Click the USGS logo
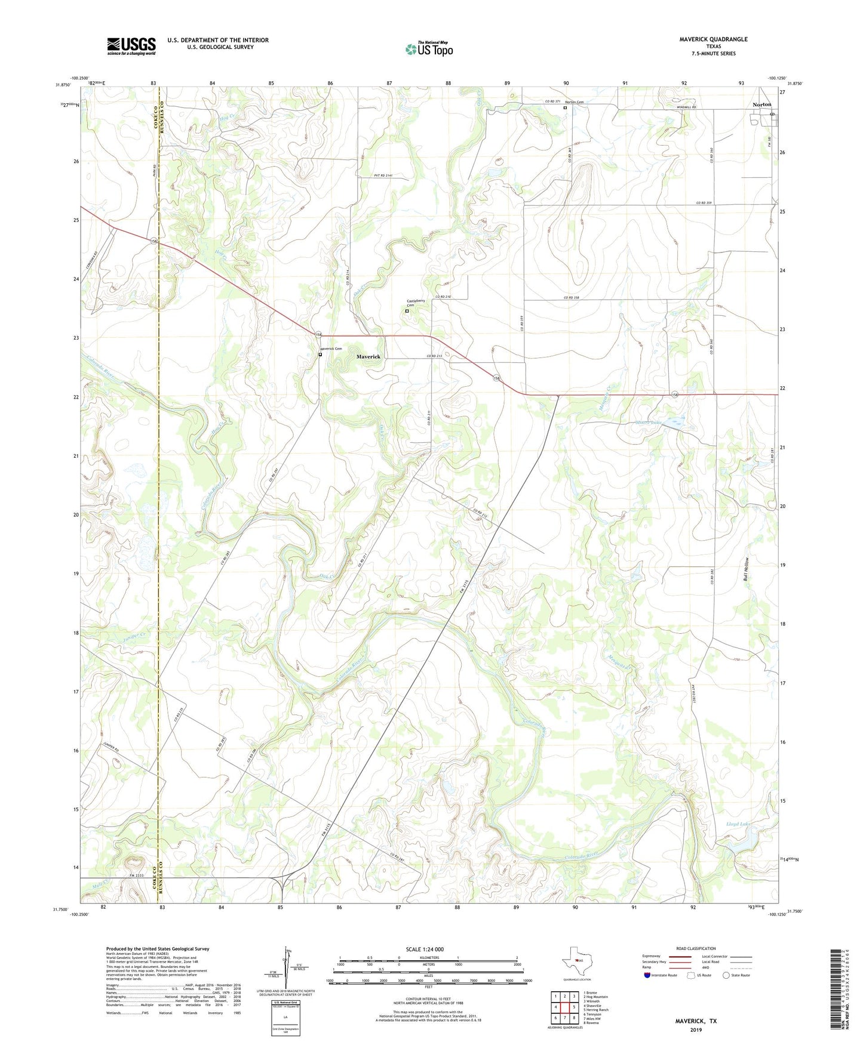(131, 46)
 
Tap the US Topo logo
(429, 49)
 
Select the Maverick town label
(368, 356)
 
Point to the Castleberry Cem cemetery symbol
(407, 311)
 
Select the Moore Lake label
(649, 423)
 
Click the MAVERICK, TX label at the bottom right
(696, 1021)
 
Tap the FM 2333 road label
(138, 875)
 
